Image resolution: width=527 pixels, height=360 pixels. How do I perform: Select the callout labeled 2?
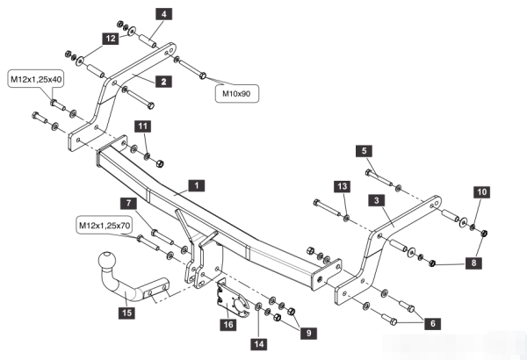[162, 81]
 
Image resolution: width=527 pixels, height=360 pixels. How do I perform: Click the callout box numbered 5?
[362, 151]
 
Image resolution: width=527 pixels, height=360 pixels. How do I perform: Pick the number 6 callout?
[432, 322]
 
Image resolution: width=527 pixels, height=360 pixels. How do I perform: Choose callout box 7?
[129, 204]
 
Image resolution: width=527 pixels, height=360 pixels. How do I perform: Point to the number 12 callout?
[109, 40]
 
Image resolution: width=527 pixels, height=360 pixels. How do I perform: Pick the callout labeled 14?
[258, 343]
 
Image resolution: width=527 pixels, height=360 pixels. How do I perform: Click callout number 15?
[127, 313]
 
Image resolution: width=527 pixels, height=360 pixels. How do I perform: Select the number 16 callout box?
[227, 325]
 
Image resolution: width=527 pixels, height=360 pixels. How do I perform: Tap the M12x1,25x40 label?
[37, 79]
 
